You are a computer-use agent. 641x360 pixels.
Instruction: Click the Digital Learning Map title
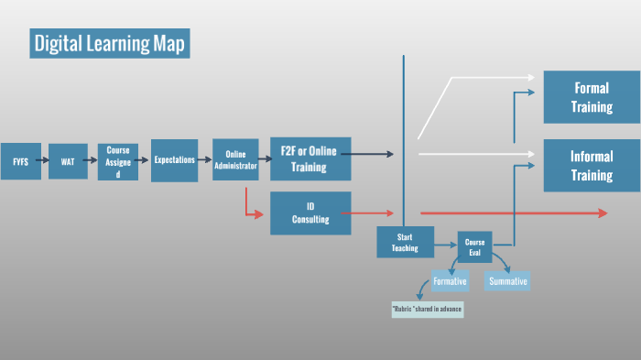click(x=110, y=43)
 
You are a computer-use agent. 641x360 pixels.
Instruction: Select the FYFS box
click(x=20, y=161)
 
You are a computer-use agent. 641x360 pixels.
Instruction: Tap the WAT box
click(x=68, y=161)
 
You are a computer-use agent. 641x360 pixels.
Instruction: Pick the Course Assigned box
click(x=118, y=161)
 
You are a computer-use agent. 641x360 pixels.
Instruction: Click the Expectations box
click(x=174, y=160)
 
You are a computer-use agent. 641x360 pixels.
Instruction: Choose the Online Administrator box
click(x=235, y=160)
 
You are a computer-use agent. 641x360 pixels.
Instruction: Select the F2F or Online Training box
click(x=310, y=159)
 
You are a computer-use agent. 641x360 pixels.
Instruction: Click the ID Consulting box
click(x=310, y=213)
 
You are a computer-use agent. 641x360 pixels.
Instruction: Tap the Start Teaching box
click(x=405, y=242)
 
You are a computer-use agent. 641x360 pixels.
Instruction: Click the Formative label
click(x=450, y=281)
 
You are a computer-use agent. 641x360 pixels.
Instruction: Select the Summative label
click(x=508, y=281)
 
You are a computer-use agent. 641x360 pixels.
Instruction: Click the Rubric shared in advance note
click(x=428, y=309)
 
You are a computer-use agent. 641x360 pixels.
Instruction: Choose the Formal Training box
click(x=592, y=96)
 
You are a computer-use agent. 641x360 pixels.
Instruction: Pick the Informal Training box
click(x=592, y=165)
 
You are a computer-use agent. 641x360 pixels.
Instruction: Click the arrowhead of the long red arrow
click(x=602, y=213)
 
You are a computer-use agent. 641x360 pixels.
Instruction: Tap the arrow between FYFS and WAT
click(x=44, y=161)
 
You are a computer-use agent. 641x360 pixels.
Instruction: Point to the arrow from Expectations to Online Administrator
click(x=205, y=161)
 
